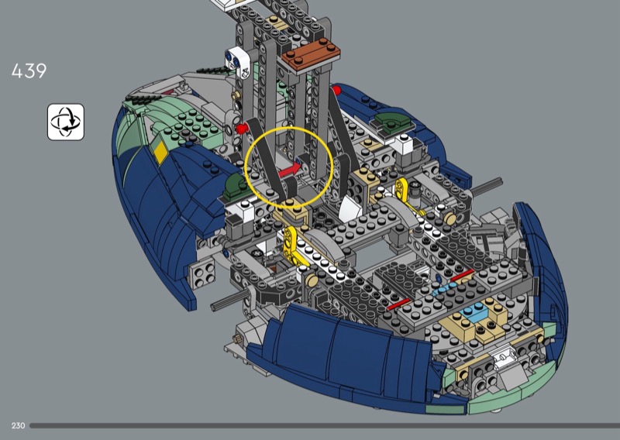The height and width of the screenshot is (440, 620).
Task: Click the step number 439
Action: [29, 70]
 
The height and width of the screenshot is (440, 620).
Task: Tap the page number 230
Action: [18, 425]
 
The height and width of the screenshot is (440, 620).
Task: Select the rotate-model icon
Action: [66, 122]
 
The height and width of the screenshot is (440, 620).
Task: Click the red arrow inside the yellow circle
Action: [290, 170]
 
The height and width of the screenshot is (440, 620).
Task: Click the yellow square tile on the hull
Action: [160, 152]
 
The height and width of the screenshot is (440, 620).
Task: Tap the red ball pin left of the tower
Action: [241, 128]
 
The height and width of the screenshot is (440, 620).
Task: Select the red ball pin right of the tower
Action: [336, 90]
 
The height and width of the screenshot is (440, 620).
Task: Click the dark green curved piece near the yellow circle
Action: [237, 186]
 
